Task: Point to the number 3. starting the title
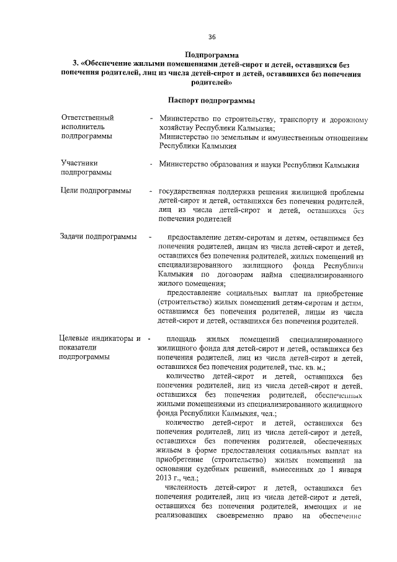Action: pos(75,63)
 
